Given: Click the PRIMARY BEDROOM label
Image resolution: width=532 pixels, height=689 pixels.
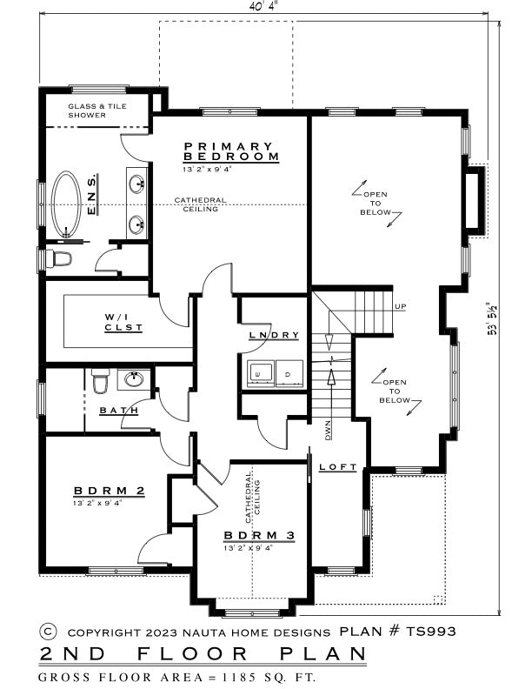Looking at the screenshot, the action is [231, 151].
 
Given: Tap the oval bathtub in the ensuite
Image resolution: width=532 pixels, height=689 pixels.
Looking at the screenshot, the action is [66, 204].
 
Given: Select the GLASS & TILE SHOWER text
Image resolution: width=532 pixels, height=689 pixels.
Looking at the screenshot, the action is [97, 110].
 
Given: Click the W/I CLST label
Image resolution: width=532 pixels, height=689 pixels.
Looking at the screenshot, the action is [123, 322].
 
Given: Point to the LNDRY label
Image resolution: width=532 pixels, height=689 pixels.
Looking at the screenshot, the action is [274, 335].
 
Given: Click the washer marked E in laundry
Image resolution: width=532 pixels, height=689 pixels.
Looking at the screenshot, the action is [261, 374].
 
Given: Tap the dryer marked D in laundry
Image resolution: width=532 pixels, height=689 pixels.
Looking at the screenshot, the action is [289, 374].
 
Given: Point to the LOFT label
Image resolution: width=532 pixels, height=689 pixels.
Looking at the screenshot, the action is [337, 467].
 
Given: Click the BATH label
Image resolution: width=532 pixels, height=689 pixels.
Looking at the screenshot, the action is [119, 411].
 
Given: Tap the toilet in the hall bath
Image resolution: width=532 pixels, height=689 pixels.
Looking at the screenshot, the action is [101, 380].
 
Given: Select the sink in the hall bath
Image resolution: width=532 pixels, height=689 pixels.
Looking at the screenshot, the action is [134, 378].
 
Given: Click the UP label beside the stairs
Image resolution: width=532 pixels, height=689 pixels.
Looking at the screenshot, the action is [401, 306].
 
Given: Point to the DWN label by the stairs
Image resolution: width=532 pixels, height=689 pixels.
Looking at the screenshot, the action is [328, 431].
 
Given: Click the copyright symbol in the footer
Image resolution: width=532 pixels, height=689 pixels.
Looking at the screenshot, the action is [49, 632].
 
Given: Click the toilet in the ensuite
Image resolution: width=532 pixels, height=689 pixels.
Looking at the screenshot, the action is [59, 258].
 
